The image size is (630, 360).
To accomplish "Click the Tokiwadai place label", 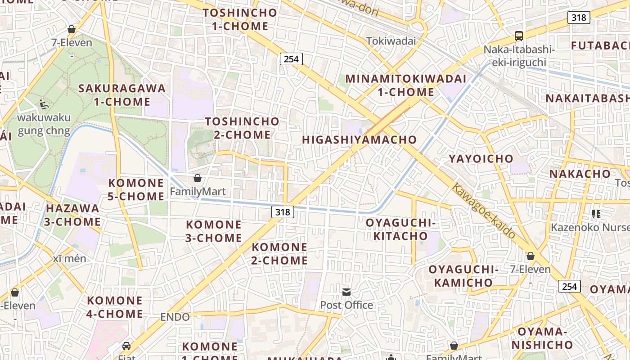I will [391, 41].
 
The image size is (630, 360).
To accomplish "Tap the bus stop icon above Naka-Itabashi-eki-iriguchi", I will [519, 36].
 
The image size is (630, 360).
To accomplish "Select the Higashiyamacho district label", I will [360, 140].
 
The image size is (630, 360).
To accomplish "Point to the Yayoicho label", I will [481, 158].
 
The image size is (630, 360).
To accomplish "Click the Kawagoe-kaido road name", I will [484, 211].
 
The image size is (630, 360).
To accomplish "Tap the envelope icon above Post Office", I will [346, 292].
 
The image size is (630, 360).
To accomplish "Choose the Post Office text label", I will [346, 305].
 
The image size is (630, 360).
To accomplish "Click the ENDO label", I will [175, 317].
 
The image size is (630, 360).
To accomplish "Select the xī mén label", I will [69, 259].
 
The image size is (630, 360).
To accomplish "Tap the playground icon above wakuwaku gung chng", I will [44, 105].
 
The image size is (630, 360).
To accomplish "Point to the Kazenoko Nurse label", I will [589, 227].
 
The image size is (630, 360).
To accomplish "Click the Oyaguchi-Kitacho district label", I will [400, 229].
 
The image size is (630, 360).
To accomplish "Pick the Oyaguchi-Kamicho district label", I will [464, 276].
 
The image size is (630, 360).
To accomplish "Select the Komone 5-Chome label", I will [136, 189].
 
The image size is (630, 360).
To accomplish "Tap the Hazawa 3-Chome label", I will [73, 215].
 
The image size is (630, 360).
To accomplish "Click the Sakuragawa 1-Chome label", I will [122, 95].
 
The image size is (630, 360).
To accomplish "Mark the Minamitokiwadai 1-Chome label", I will [406, 85].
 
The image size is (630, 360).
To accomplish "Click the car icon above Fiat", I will [126, 346].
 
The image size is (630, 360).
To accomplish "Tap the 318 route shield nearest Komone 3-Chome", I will [283, 211].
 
